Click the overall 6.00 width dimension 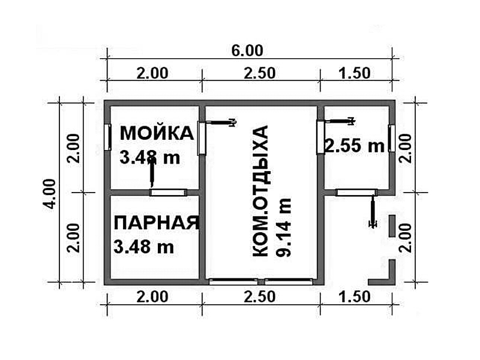coord(247,50)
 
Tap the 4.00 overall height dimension coord(49,194)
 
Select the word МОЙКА coord(157,133)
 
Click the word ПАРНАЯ coord(157,223)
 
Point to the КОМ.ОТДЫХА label coord(260,191)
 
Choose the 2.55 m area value coord(354,146)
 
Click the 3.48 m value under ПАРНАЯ coord(143,247)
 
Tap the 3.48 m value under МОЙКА coord(149,158)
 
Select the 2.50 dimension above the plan coord(260,73)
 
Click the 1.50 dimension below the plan coord(355,297)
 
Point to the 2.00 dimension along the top coord(152,73)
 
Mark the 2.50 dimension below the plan coord(260,297)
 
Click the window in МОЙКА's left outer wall coord(107,137)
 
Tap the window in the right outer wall coord(392,138)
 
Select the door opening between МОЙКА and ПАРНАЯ coord(168,193)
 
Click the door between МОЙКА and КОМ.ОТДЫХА coord(201,138)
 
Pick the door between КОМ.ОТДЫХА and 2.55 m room coord(320,137)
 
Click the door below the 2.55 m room coord(356,193)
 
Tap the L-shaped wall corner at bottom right coord(392,281)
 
